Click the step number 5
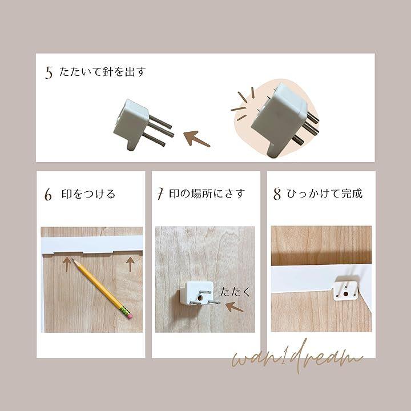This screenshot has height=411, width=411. (49, 72)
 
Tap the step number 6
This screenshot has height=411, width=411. (48, 195)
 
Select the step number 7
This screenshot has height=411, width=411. (160, 194)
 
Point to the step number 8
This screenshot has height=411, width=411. (277, 194)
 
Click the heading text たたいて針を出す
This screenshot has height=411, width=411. (103, 71)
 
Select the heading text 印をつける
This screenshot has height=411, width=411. (88, 194)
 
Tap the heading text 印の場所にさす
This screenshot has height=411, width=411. (207, 194)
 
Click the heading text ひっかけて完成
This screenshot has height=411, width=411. (325, 194)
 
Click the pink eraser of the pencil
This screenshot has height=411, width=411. (130, 315)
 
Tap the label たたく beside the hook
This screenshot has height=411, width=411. (235, 292)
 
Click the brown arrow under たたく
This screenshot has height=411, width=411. (235, 307)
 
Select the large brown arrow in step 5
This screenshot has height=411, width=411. (196, 138)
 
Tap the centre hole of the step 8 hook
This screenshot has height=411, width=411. (346, 294)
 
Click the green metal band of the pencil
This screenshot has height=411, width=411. (125, 310)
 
